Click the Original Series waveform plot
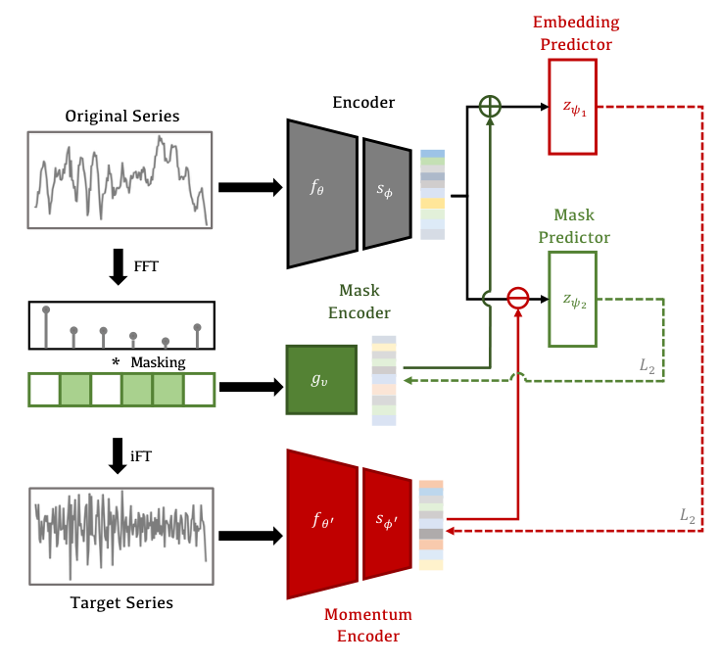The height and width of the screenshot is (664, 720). point(122,179)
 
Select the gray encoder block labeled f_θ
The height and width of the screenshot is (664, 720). point(321,193)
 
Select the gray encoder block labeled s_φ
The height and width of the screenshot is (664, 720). point(387,193)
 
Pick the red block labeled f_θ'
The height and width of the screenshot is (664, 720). point(321,523)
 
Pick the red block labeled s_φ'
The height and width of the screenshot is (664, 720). point(387,523)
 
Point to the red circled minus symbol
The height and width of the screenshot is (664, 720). point(517,298)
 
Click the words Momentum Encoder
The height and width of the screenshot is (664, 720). point(368,626)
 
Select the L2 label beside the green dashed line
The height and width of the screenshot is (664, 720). point(647,364)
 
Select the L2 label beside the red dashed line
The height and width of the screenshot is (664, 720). point(688,515)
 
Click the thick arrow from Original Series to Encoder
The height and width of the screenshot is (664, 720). point(248,187)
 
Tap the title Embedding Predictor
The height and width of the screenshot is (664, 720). point(576,31)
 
